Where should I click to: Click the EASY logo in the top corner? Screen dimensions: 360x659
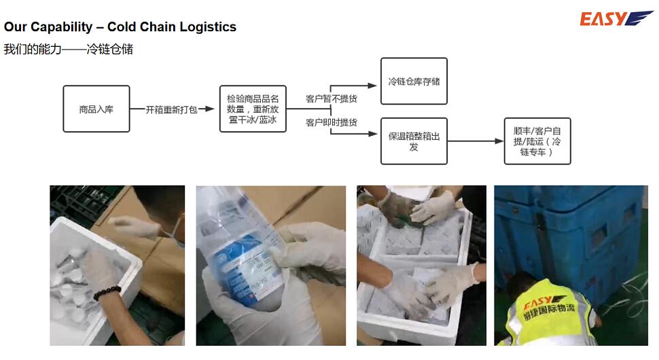[616, 18]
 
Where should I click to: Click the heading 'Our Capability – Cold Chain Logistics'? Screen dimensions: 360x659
[120, 27]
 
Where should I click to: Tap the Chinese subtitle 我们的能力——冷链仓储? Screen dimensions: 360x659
[68, 49]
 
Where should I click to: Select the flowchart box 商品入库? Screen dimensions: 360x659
[96, 109]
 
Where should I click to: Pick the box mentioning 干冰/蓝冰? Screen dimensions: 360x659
[253, 109]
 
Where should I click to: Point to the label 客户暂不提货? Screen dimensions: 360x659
[331, 99]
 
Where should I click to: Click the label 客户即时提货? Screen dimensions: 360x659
[331, 122]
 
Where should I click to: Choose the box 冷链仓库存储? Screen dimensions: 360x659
[413, 82]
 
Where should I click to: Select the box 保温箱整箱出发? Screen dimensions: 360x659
[413, 141]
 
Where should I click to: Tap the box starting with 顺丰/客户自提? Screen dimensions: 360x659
[537, 141]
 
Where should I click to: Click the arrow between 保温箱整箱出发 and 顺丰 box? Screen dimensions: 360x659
[476, 141]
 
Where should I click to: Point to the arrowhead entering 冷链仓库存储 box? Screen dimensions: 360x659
[372, 86]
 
